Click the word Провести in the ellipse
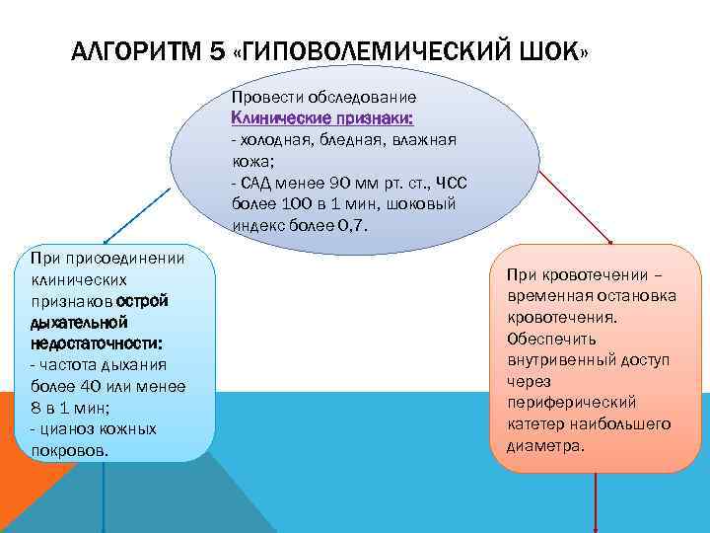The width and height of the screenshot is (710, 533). point(267,98)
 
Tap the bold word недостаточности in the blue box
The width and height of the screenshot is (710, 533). point(96,342)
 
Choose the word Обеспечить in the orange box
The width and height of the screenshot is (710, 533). point(550,339)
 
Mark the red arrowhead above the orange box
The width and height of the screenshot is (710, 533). point(611,242)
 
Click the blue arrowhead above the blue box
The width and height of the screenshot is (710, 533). point(106,240)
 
